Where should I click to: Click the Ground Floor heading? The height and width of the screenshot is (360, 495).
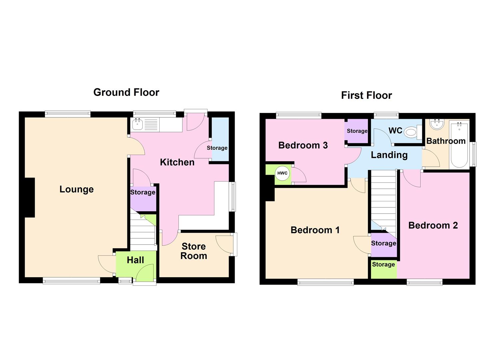click(x=126, y=92)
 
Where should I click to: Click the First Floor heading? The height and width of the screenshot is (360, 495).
click(x=366, y=95)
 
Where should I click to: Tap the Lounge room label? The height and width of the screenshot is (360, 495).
click(x=76, y=189)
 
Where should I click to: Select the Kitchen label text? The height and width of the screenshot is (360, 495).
click(x=177, y=162)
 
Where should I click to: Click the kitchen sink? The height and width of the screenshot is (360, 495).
click(x=137, y=124)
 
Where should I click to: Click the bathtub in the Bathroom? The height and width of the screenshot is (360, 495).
click(x=459, y=145)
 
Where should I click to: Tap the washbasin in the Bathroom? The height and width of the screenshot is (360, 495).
click(x=437, y=124)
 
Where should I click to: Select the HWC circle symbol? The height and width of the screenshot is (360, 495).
click(x=282, y=173)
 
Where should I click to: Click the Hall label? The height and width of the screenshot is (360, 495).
click(x=135, y=260)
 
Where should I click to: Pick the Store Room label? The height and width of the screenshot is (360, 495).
click(x=194, y=251)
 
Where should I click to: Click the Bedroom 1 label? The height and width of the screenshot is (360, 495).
click(x=315, y=230)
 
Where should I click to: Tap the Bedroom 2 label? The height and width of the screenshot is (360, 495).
click(x=433, y=225)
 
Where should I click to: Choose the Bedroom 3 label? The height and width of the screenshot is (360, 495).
click(x=303, y=145)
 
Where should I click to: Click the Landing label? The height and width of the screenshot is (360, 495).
click(x=389, y=155)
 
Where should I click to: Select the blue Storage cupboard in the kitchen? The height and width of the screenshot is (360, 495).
click(x=220, y=139)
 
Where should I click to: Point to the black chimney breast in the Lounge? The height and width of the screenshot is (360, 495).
click(x=30, y=198)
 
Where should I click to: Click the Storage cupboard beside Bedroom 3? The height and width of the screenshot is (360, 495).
click(x=357, y=131)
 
